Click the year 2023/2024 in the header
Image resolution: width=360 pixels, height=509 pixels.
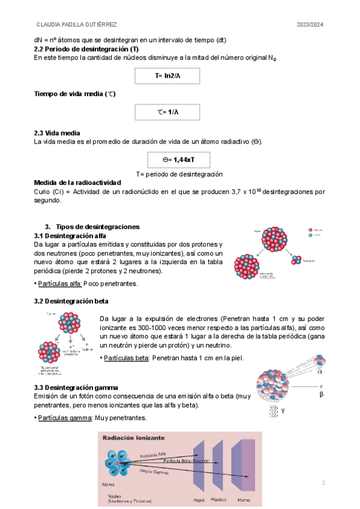tap(310, 25)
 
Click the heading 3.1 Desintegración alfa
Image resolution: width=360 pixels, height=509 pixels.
tap(70, 235)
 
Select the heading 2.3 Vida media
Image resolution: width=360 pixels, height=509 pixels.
tap(57, 133)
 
